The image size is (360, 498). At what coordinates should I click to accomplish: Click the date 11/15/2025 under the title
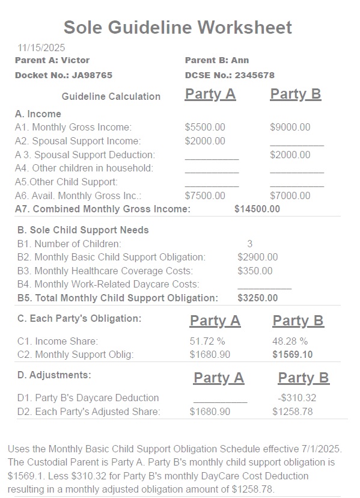tap(41, 48)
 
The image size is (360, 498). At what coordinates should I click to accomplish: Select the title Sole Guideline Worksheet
tap(178, 27)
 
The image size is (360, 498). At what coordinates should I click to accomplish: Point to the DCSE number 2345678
tap(254, 75)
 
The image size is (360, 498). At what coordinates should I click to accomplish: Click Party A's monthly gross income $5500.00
tap(205, 127)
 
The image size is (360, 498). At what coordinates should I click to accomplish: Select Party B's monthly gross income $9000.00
tap(290, 127)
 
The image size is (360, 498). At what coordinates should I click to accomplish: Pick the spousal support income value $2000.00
tap(205, 141)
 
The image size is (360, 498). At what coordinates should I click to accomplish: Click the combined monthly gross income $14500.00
tap(257, 209)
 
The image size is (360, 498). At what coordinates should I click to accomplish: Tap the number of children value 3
tap(250, 244)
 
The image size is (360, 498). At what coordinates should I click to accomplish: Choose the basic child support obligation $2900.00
tap(258, 257)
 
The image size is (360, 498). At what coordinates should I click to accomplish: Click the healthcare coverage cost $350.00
tap(255, 271)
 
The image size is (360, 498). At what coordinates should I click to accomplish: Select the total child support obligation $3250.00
tap(258, 298)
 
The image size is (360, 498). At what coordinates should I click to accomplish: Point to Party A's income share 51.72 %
tap(206, 341)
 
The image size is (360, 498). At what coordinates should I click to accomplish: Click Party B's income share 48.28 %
tap(290, 341)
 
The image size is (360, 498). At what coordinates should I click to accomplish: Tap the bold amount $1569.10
tap(293, 354)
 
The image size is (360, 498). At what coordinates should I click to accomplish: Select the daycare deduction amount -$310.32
tap(297, 398)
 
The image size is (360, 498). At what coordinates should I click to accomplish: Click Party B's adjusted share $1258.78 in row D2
tap(293, 411)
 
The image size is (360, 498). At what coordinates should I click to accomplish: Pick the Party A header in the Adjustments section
tap(219, 378)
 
